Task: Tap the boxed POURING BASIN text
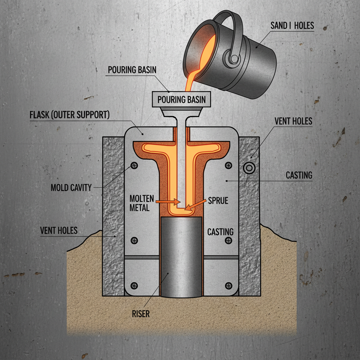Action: pos(181,99)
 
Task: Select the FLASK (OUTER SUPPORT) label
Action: pos(70,115)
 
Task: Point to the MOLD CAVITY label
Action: pos(71,187)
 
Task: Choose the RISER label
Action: pos(140,313)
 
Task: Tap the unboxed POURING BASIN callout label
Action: pos(132,70)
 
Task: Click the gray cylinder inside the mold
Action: pos(181,257)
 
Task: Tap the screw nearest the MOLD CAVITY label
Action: pos(134,165)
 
